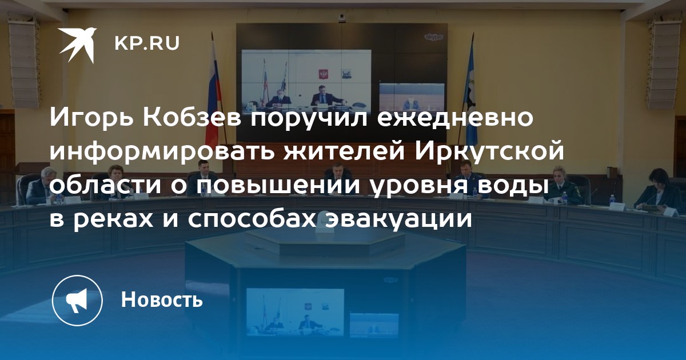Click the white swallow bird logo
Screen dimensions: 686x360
point(77,45)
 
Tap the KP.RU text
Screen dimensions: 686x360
point(147,44)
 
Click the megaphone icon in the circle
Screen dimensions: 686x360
point(77,301)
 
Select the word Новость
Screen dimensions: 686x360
point(162,299)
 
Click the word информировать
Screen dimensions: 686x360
point(162,151)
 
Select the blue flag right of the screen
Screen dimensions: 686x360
point(470,92)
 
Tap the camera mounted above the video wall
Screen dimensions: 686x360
point(342,19)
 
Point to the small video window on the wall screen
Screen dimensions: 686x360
point(412,97)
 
